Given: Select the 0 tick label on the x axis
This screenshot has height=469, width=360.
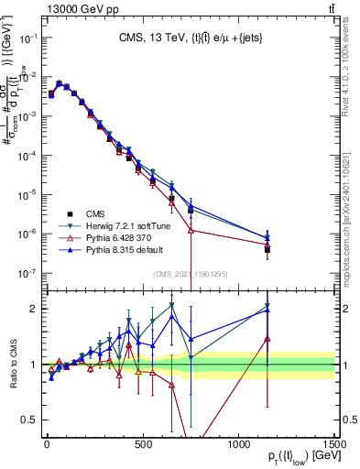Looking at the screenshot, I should click(x=47, y=443).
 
